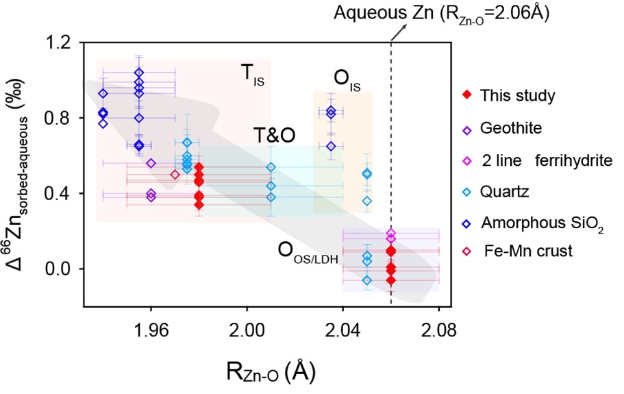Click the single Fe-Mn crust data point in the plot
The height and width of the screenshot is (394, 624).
[175, 174]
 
